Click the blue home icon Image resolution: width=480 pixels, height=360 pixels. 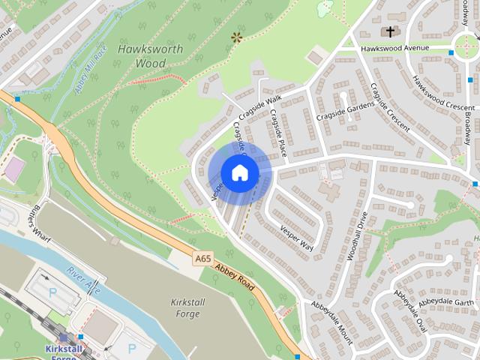click(x=239, y=173)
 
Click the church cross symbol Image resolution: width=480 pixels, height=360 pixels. click(x=389, y=31)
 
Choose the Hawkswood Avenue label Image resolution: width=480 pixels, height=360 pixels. click(x=394, y=48)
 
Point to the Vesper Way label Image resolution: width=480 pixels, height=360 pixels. click(x=295, y=234)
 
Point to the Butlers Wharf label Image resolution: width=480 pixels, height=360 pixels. click(x=34, y=220)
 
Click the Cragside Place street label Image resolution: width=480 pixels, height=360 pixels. click(x=278, y=133)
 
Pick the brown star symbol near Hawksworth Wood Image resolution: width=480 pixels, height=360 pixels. click(x=238, y=35)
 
